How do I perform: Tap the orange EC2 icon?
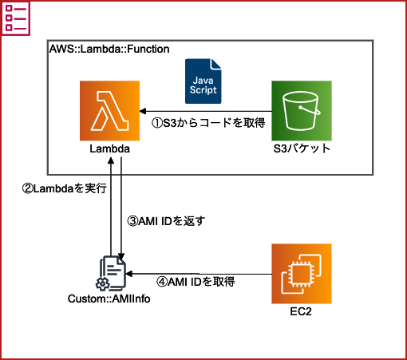pos(301,273)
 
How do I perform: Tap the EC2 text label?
pos(301,311)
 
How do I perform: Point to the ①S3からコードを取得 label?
pos(207,122)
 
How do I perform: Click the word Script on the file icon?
pos(203,91)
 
